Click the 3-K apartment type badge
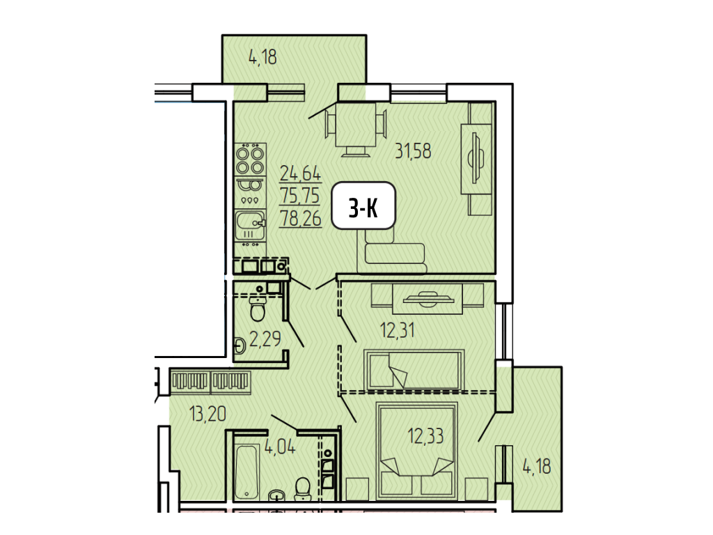363,206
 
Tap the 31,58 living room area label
412,150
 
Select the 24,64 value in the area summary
300,173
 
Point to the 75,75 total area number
300,196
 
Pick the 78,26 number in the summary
301,218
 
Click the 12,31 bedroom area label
398,329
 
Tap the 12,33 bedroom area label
425,436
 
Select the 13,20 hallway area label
207,414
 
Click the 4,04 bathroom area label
280,447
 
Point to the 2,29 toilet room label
265,339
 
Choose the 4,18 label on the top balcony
263,57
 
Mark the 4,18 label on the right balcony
537,466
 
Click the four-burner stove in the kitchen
250,160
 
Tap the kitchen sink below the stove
250,225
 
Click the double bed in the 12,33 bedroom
416,451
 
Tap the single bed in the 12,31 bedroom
414,370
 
